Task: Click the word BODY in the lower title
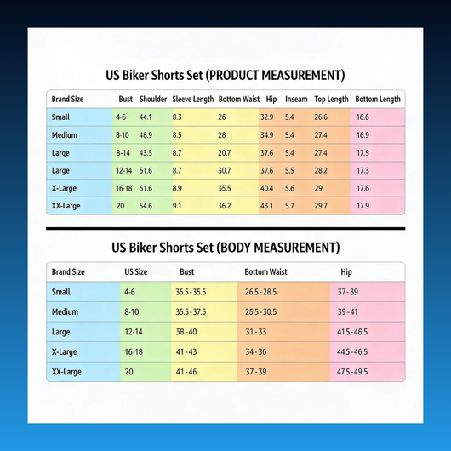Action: (232, 248)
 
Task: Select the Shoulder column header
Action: (153, 100)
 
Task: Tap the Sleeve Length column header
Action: (193, 100)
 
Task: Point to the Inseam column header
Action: (296, 100)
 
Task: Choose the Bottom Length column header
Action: (378, 100)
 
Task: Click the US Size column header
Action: (136, 271)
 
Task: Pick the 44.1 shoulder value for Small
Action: (146, 117)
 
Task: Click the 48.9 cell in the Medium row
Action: (146, 135)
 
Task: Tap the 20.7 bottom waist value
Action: (224, 153)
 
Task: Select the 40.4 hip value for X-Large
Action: (266, 188)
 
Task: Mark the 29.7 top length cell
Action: (321, 206)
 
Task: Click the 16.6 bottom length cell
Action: (363, 117)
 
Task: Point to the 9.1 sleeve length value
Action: (177, 206)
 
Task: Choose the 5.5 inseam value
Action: (289, 170)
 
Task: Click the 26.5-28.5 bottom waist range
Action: (260, 292)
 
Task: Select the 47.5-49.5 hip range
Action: (352, 372)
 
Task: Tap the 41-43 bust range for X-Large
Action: (186, 351)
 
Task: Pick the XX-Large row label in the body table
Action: (66, 372)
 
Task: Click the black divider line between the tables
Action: (225, 229)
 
